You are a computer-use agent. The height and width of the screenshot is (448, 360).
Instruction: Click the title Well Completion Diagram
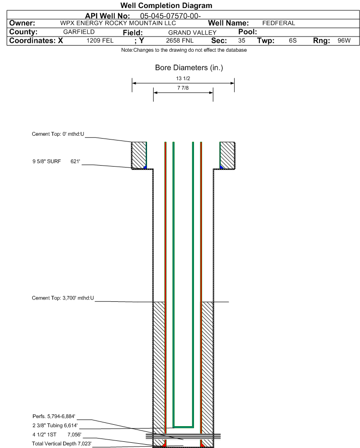(166, 6)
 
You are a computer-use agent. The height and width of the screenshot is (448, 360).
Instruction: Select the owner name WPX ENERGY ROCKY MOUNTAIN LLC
(118, 23)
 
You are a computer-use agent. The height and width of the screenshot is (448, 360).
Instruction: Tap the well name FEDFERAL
(278, 23)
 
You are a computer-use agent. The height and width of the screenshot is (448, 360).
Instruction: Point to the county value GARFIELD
(79, 32)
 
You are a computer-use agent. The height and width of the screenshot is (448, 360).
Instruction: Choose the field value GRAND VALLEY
(192, 32)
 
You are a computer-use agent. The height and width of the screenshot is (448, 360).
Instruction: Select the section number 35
(241, 41)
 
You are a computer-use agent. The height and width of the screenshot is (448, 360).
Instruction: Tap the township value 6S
(293, 41)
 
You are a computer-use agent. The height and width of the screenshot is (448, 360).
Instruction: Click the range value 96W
(344, 41)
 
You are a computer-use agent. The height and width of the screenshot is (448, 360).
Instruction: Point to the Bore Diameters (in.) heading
(189, 68)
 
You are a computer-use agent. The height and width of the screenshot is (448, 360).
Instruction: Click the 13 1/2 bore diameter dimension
(183, 78)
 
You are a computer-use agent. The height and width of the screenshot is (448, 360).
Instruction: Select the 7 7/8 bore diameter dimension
(183, 88)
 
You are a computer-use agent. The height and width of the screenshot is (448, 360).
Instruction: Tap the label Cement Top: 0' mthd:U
(58, 134)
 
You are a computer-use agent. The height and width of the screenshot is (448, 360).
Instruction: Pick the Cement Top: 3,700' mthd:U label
(63, 298)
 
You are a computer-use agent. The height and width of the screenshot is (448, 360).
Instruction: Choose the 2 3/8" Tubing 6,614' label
(55, 425)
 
